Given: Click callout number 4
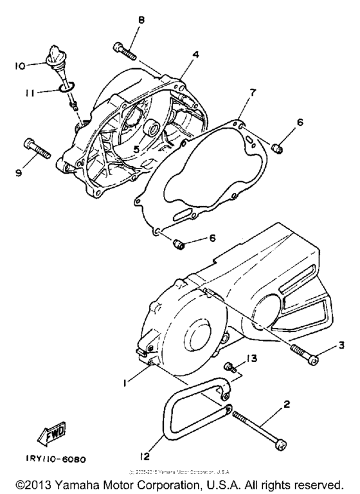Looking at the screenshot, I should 195,55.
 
